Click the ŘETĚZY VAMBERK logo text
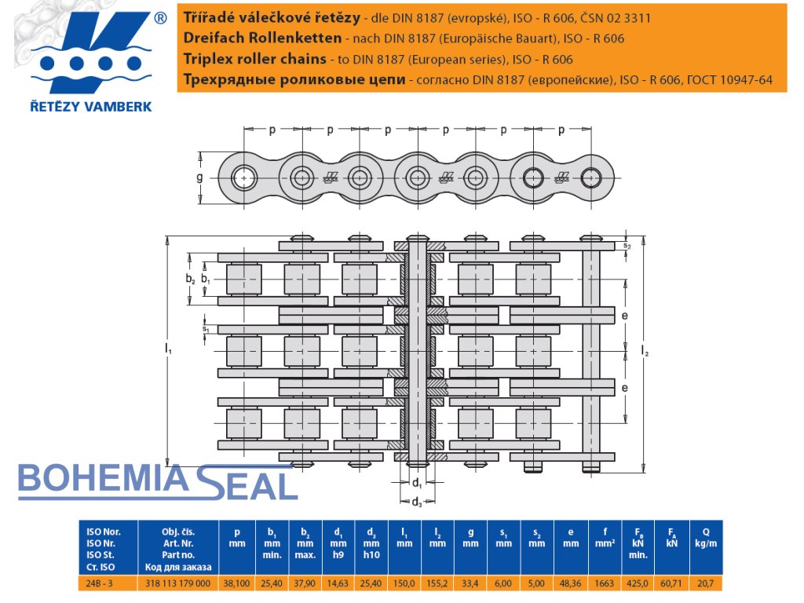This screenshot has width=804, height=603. [x=92, y=106]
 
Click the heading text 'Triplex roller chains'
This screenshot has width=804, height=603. [x=254, y=59]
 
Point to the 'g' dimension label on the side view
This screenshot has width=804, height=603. [x=199, y=177]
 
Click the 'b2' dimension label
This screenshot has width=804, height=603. [x=190, y=279]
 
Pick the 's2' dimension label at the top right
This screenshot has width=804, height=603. [x=627, y=246]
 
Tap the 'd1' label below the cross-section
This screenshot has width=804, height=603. [x=418, y=482]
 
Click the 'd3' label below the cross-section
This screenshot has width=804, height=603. [x=418, y=502]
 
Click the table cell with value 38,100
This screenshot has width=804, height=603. [x=236, y=583]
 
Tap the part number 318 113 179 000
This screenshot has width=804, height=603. [x=178, y=583]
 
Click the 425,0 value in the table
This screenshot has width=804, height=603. [x=636, y=583]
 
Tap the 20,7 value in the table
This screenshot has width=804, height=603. [x=707, y=583]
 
